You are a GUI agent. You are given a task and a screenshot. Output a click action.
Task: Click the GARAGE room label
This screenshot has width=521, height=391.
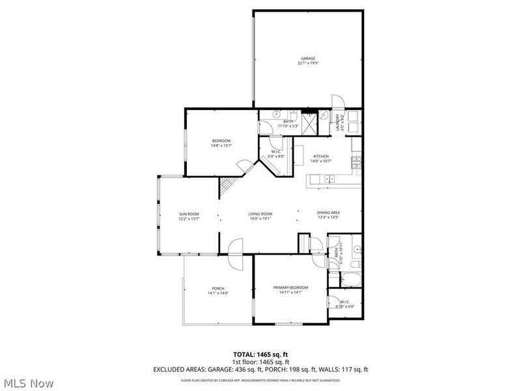coord(307,59)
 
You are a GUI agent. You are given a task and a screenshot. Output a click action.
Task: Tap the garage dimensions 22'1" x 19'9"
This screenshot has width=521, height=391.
coord(307,63)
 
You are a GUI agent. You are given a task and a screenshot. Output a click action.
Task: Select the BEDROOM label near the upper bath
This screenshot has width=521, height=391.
coord(221,141)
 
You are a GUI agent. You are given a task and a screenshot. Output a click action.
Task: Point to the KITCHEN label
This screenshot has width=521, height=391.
coord(320,156)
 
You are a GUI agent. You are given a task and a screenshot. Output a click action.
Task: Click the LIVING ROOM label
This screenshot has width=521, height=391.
coord(260,214)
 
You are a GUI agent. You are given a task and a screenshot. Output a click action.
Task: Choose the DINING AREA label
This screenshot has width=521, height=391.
coord(328,213)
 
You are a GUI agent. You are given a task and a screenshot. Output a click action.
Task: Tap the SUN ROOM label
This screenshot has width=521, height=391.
coord(189,214)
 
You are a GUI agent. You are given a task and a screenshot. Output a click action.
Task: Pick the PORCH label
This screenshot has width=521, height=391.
coord(218,289)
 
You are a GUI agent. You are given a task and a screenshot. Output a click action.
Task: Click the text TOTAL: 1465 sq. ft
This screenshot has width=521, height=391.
coord(260,355)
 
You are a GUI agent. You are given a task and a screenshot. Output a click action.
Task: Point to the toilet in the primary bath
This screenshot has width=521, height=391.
coord(356,250)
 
